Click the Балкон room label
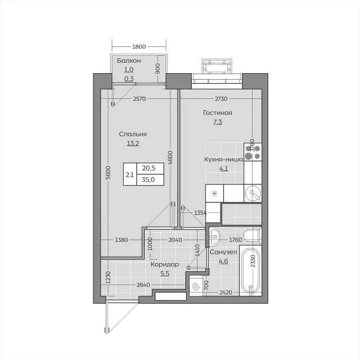pyautogui.click(x=128, y=60)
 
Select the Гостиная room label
pyautogui.click(x=217, y=113)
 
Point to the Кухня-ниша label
pyautogui.click(x=223, y=159)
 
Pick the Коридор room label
pyautogui.click(x=165, y=264)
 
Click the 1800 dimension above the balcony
pyautogui.click(x=139, y=46)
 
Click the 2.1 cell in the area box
pyautogui.click(x=129, y=174)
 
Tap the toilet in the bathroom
pyautogui.click(x=253, y=235)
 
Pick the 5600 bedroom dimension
pyautogui.click(x=108, y=173)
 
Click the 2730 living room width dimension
pyautogui.click(x=221, y=99)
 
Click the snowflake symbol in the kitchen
pyautogui.click(x=214, y=193)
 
